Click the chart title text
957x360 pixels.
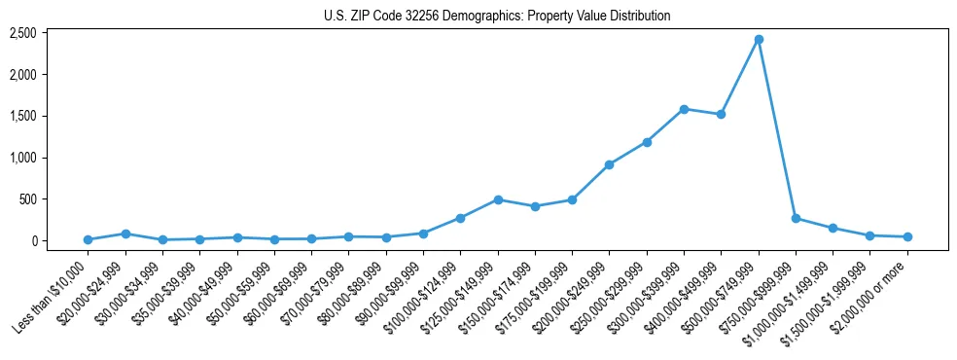[x=497, y=16]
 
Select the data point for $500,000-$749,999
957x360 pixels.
[x=759, y=40]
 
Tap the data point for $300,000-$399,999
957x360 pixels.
[x=684, y=109]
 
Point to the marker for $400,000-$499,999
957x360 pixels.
[x=721, y=115]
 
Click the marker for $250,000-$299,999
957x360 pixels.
[x=647, y=142]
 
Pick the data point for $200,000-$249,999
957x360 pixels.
[x=609, y=164]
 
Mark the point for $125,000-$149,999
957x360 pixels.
[x=498, y=199]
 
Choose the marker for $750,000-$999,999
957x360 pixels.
[x=796, y=218]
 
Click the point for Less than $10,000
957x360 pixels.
[x=88, y=239]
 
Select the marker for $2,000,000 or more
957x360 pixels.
[x=907, y=236]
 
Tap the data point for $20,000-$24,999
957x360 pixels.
[x=125, y=234]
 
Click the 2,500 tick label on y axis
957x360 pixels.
[x=51, y=33]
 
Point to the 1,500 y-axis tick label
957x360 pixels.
[x=51, y=116]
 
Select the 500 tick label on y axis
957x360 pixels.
[x=55, y=199]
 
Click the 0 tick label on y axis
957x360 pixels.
[x=60, y=240]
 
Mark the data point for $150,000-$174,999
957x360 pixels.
[x=535, y=206]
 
